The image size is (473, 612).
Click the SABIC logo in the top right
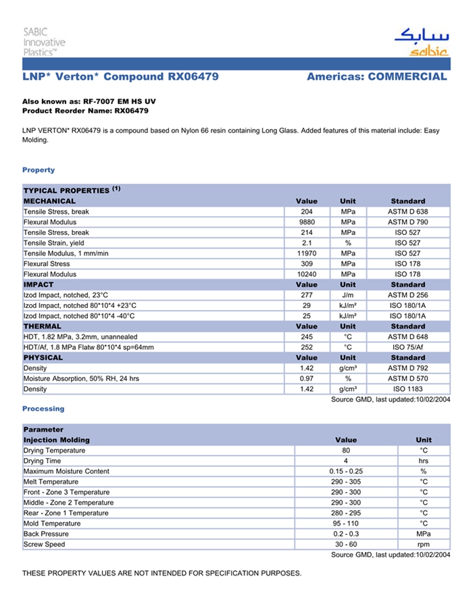(420, 43)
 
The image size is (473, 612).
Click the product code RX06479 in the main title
(193, 77)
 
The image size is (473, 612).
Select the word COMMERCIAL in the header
(407, 77)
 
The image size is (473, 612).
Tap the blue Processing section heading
(43, 409)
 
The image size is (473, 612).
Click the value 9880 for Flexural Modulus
(306, 222)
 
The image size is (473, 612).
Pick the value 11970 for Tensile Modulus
(306, 253)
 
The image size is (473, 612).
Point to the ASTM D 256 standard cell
(407, 295)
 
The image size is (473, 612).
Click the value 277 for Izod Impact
(306, 295)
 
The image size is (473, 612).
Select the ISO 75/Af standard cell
(407, 347)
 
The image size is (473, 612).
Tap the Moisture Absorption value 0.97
(306, 379)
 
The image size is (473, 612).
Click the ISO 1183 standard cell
(407, 389)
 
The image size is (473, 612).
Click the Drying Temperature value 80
(345, 451)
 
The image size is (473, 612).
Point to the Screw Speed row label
(45, 544)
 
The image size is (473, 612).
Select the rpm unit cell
(424, 544)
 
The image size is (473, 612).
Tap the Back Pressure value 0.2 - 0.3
(345, 534)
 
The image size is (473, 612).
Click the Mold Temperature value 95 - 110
(345, 524)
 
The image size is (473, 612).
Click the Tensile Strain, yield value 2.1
(306, 243)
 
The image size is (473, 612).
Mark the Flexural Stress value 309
(306, 264)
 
